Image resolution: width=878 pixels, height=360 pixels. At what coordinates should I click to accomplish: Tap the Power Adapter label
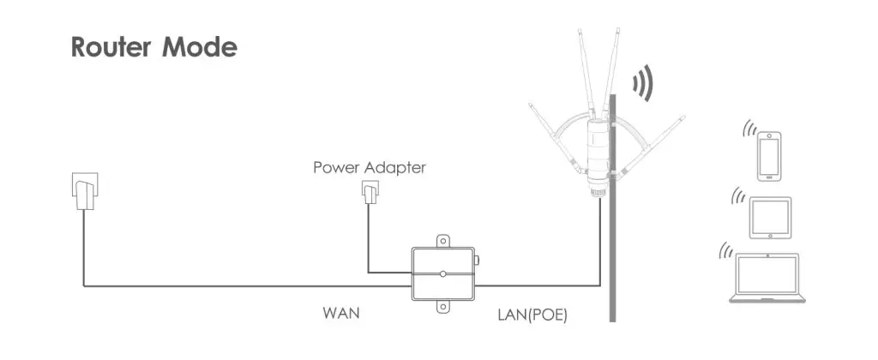(369, 167)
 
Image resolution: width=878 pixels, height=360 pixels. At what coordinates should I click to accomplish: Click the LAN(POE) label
(532, 315)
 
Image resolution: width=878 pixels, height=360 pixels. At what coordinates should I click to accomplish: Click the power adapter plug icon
(369, 196)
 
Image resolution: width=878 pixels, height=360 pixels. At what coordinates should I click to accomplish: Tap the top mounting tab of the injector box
(442, 241)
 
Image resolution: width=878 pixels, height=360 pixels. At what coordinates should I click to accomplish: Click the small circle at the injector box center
(442, 273)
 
